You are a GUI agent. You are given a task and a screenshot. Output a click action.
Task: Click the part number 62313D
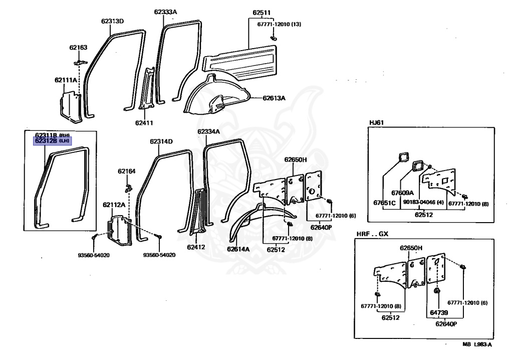pyautogui.click(x=112, y=21)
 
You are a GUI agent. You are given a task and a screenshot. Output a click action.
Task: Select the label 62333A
pyautogui.click(x=167, y=12)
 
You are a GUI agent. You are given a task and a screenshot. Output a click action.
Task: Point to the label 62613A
pyautogui.click(x=274, y=98)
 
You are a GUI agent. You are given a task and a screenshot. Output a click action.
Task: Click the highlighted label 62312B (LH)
pyautogui.click(x=52, y=141)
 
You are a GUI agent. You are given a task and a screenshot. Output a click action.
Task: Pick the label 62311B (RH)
pyautogui.click(x=52, y=135)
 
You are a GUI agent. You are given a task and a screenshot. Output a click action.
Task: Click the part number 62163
pyautogui.click(x=78, y=48)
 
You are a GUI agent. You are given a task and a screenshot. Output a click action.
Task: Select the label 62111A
pyautogui.click(x=66, y=80)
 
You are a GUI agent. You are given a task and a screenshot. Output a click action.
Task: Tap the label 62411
pyautogui.click(x=144, y=122)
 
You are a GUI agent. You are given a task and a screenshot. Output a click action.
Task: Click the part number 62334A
pyautogui.click(x=208, y=132)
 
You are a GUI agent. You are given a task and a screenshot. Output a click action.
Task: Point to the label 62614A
pyautogui.click(x=238, y=249)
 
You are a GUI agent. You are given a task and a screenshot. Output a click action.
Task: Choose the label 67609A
pyautogui.click(x=402, y=193)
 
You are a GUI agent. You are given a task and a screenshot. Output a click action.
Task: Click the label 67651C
pyautogui.click(x=384, y=203)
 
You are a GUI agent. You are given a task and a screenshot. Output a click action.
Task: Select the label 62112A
pyautogui.click(x=114, y=205)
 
